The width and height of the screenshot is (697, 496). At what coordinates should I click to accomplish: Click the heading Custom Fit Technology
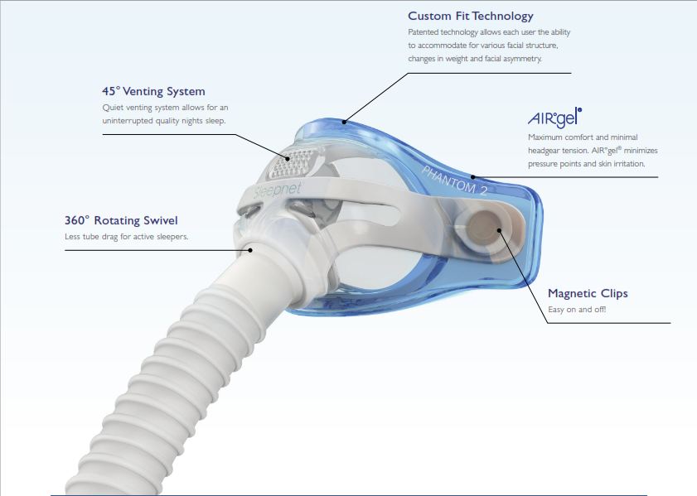click(470, 17)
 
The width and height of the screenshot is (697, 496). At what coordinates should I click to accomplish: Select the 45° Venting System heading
click(153, 91)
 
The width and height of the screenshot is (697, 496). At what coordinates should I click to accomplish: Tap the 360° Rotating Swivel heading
click(121, 220)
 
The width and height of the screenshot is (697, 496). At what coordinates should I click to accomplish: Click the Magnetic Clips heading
click(588, 293)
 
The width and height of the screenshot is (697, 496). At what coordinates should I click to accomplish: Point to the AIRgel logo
click(554, 118)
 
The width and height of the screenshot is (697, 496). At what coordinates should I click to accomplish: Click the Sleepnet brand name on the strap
click(278, 191)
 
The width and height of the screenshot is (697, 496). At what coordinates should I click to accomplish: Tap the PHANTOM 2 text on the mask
click(454, 181)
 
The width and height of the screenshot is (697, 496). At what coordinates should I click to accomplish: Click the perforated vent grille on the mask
click(294, 163)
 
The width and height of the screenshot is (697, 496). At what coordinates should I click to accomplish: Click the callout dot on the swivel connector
click(250, 250)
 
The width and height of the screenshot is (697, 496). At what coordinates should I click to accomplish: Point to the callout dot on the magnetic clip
click(499, 230)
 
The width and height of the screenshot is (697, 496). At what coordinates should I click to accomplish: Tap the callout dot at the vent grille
click(288, 158)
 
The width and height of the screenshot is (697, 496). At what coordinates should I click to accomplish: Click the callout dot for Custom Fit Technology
click(344, 122)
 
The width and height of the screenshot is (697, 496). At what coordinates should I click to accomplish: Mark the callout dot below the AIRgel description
click(473, 177)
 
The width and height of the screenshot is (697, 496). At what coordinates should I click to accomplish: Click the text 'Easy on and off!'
click(577, 310)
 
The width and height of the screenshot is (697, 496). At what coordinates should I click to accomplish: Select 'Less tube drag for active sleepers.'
click(126, 237)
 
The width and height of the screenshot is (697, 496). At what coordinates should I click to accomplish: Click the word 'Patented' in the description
click(423, 32)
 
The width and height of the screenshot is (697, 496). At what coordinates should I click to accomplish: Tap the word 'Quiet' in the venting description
click(113, 108)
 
